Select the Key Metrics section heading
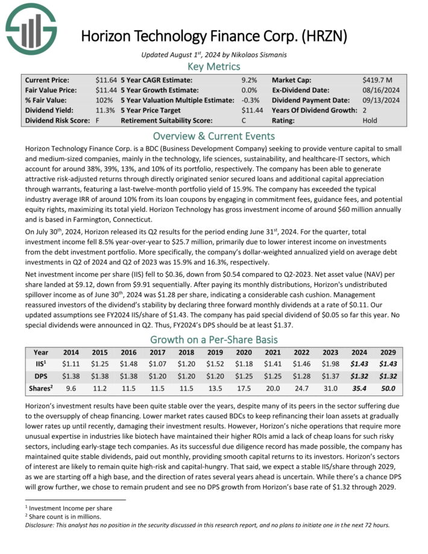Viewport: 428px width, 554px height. [213, 66]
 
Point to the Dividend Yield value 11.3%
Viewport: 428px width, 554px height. [105, 110]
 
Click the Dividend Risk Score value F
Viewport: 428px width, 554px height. [97, 121]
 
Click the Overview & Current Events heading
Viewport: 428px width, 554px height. [213, 136]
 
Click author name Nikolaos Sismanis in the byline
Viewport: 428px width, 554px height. [259, 54]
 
